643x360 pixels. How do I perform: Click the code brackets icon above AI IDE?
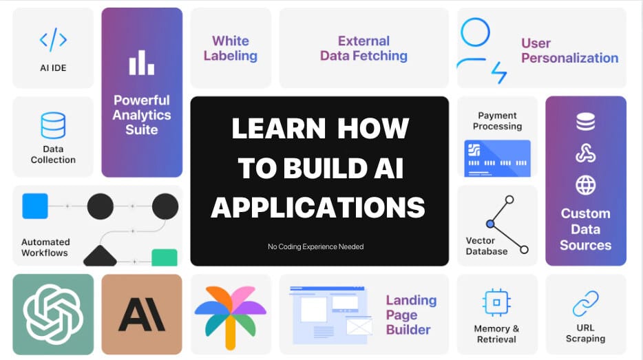pos(53,40)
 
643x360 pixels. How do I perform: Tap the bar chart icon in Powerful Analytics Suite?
pos(142,63)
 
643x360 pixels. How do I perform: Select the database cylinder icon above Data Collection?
pos(53,125)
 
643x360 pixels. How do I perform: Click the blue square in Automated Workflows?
pos(35,206)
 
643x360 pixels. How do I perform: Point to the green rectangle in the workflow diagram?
pos(165,257)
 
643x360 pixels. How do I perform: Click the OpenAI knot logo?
pos(53,314)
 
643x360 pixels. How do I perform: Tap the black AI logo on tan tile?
pos(142,315)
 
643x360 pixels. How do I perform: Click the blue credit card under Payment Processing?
pos(498,158)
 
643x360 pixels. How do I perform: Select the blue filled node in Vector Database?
pos(490,224)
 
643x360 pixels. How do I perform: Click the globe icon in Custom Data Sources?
pos(586,185)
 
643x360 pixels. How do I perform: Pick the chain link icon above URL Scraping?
pos(586,304)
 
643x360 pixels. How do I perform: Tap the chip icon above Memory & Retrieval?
pos(496,303)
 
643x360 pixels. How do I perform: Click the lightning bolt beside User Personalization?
pos(499,72)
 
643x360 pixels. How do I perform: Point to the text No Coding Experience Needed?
pos(316,246)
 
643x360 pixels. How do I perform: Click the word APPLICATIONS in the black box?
pos(318,207)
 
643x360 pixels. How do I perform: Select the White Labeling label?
pos(231,48)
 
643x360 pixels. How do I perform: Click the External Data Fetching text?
pos(363,48)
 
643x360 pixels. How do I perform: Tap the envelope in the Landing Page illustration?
pos(359,327)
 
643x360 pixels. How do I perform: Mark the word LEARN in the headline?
pos(279,128)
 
